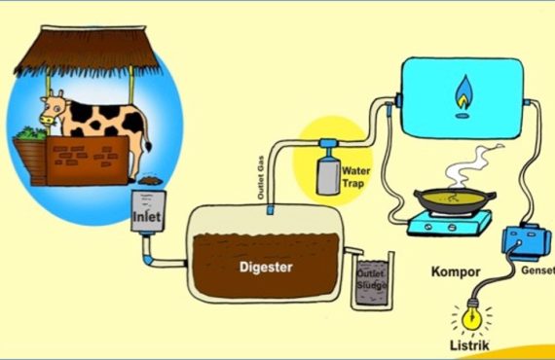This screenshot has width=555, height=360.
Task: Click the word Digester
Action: point(266,267)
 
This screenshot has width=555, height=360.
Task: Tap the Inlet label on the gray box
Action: point(146,216)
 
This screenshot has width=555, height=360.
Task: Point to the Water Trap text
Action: point(355,177)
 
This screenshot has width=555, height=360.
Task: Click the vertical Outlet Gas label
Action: point(261,177)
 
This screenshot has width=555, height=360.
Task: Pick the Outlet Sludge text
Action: point(371,279)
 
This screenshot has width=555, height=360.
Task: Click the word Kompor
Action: point(456,271)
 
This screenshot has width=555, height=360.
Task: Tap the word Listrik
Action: point(469,345)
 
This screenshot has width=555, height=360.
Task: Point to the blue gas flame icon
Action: point(463,92)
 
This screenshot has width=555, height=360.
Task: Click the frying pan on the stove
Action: point(455,200)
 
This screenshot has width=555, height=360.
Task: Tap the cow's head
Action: point(54,109)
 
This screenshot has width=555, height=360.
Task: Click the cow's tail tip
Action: point(148,146)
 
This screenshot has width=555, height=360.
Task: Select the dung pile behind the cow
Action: point(150,180)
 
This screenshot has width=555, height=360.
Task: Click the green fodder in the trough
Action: point(30,133)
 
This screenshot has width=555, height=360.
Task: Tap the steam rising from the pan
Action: point(469,166)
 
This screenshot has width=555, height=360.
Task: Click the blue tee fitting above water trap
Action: point(328,144)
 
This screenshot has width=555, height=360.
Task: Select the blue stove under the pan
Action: point(450,223)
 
